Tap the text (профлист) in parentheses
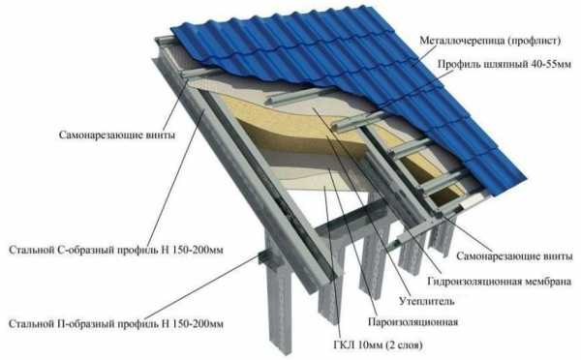[x=534, y=41]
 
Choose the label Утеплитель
[x=426, y=301]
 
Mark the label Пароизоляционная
[x=413, y=322]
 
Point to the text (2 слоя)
[x=404, y=345]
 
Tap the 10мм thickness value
[x=370, y=345]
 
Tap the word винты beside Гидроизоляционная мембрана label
[x=558, y=255]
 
